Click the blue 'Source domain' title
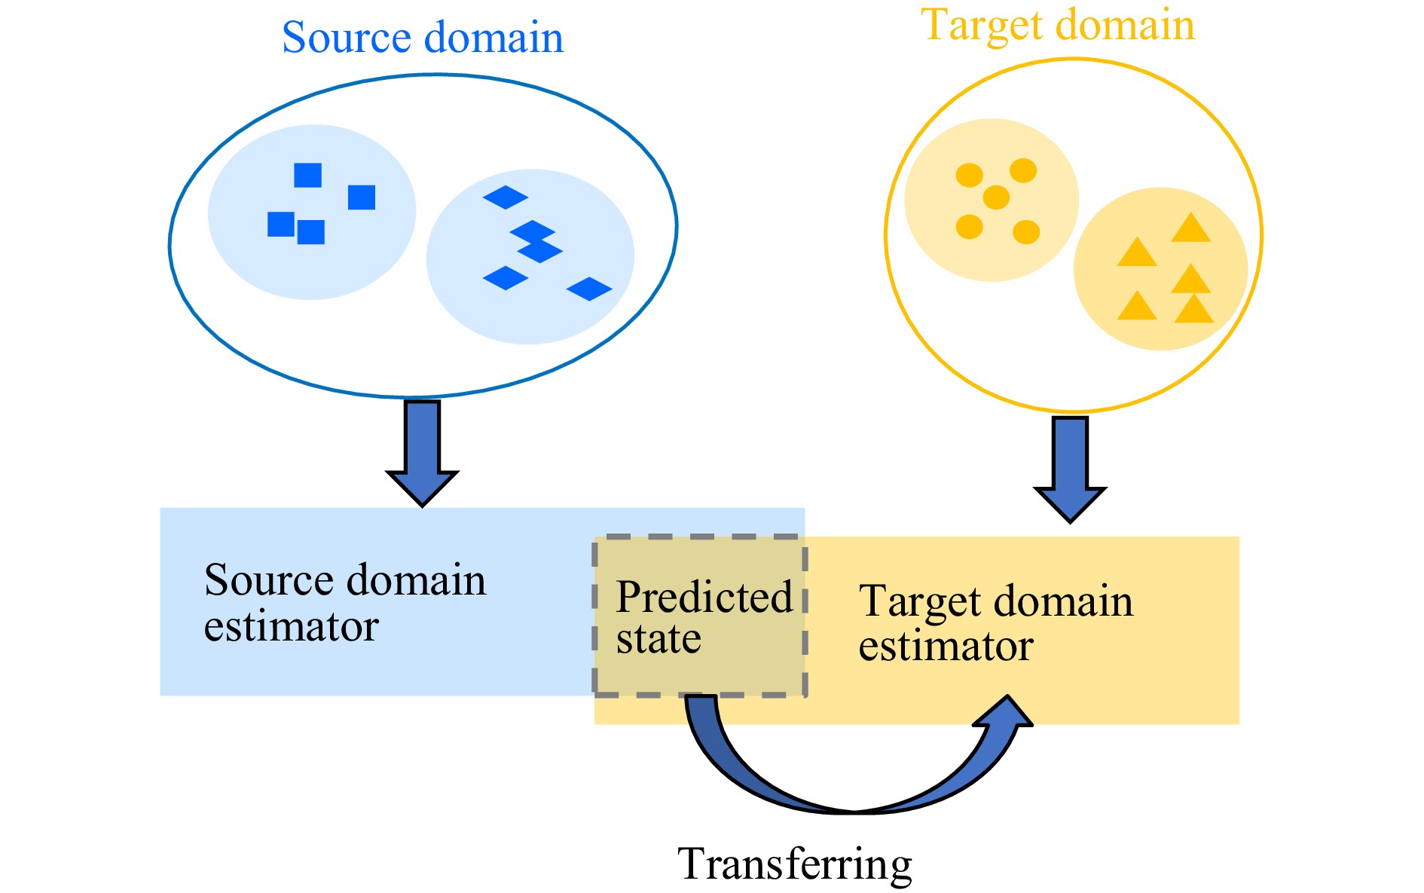(x=423, y=38)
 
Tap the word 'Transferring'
(x=794, y=864)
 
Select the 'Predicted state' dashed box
(x=701, y=616)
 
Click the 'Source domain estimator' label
(x=345, y=603)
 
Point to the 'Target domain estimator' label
(x=995, y=623)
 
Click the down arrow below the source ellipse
(x=422, y=452)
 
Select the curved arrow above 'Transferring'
(x=851, y=784)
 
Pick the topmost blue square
(x=307, y=175)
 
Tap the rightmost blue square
(x=362, y=197)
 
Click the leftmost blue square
(x=281, y=224)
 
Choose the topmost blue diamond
(x=506, y=197)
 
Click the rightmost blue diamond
(x=589, y=289)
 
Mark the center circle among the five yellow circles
(x=996, y=197)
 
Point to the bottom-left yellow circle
(x=970, y=226)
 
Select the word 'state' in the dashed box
(x=659, y=639)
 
